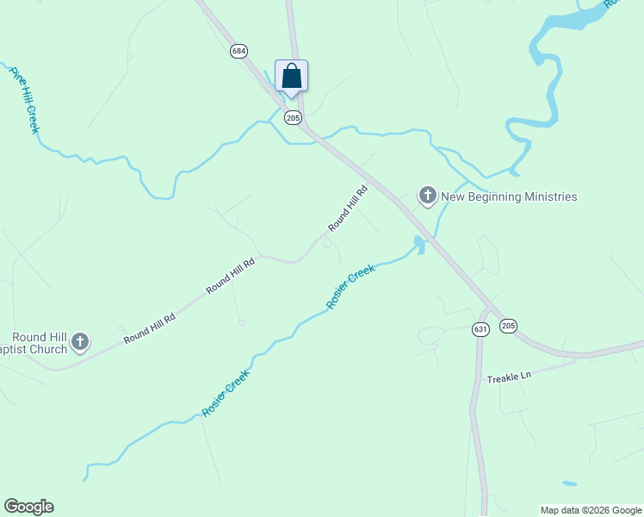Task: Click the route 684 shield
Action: (x=238, y=52)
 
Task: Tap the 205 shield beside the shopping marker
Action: (x=293, y=118)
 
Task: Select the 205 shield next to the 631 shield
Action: (x=508, y=325)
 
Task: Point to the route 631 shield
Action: (x=480, y=329)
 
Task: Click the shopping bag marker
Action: (x=291, y=76)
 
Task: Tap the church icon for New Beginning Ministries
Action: (x=427, y=196)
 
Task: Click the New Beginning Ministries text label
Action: (x=509, y=197)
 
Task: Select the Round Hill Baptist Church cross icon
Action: (x=80, y=342)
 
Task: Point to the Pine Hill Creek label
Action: (x=24, y=100)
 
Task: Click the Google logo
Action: (x=28, y=507)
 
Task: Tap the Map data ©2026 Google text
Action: (x=591, y=510)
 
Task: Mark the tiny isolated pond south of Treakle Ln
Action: (x=569, y=483)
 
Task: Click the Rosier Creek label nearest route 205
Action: (x=351, y=288)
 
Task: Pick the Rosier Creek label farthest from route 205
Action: (x=226, y=394)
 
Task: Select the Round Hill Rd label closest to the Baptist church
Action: (x=149, y=328)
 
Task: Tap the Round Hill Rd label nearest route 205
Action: (x=348, y=208)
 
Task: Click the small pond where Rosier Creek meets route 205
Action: (x=419, y=245)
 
